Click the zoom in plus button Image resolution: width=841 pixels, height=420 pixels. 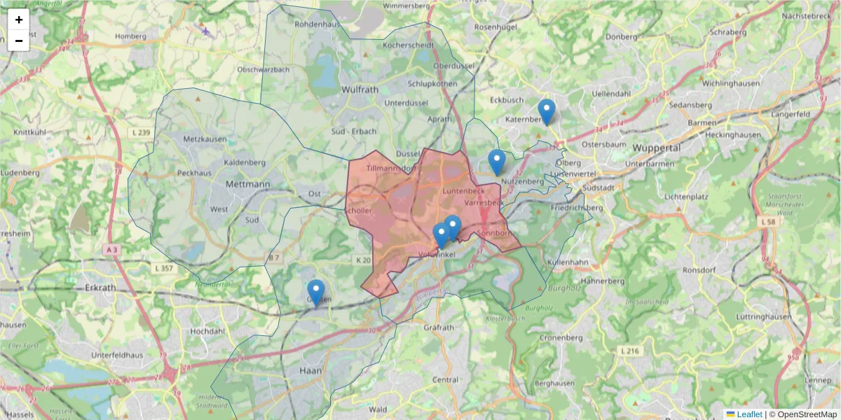point(19,20)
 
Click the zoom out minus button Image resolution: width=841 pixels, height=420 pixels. point(19,41)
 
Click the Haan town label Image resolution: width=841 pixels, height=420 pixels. point(310,370)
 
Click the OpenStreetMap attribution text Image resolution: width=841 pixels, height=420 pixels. point(803,414)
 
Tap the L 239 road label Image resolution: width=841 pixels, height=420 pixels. point(140,133)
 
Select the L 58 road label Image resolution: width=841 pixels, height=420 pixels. point(768,221)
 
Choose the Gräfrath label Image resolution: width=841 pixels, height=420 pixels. point(439,327)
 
